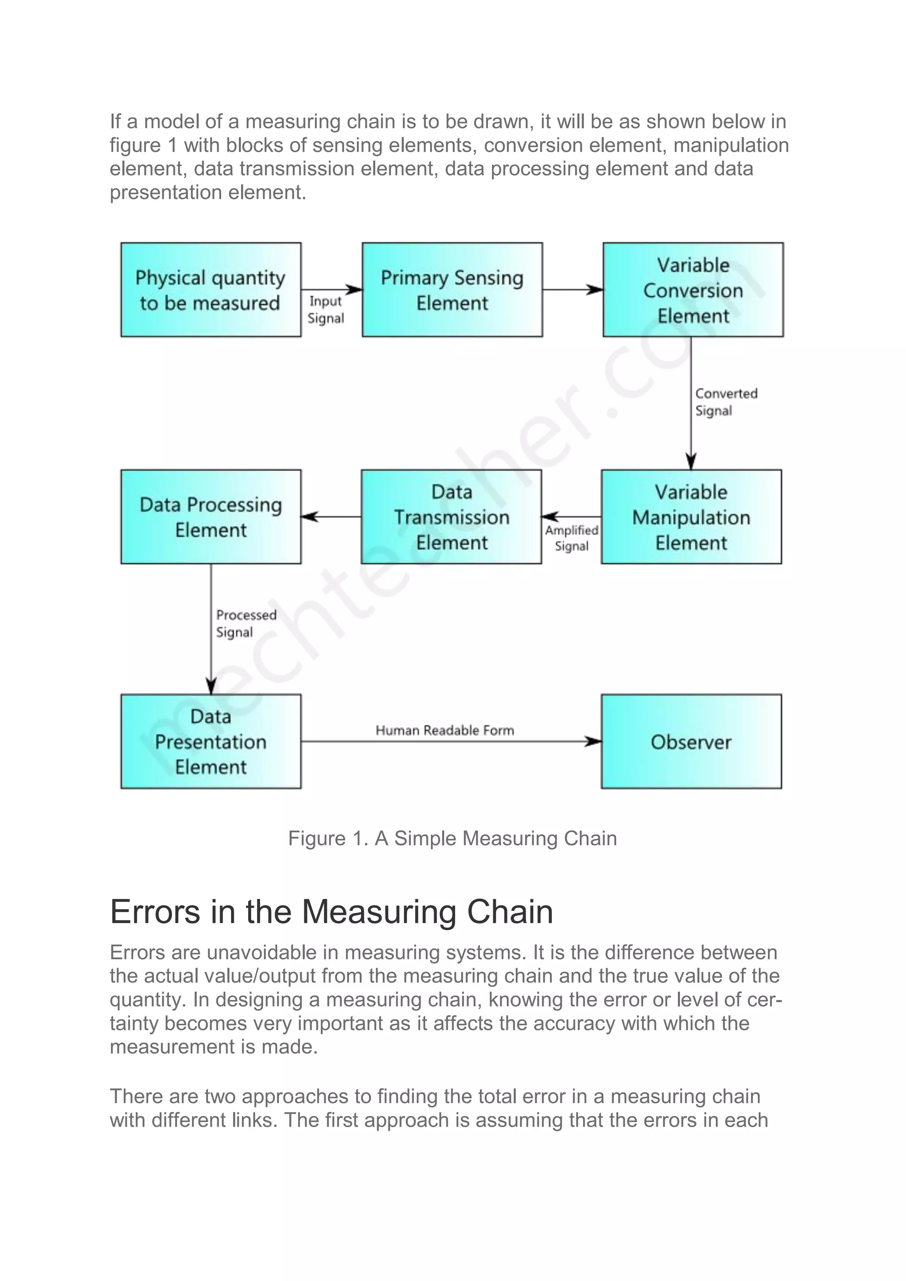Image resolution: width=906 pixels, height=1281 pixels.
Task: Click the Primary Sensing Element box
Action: (x=452, y=290)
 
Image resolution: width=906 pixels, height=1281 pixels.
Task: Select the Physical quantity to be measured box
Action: (x=211, y=290)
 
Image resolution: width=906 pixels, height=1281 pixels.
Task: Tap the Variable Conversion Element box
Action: (x=693, y=290)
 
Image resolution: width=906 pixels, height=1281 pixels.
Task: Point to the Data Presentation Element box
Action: (x=211, y=742)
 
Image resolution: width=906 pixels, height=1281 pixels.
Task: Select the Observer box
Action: (x=691, y=742)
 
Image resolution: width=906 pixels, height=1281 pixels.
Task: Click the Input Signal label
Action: (x=326, y=310)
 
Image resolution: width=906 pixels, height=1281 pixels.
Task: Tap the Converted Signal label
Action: (x=726, y=402)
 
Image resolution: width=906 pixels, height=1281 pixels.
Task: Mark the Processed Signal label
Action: (x=246, y=623)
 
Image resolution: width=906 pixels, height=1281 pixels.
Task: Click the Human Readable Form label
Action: (x=444, y=730)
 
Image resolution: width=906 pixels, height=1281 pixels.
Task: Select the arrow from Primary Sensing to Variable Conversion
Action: (x=572, y=290)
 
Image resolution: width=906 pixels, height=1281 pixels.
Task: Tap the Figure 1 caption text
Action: (x=452, y=838)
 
